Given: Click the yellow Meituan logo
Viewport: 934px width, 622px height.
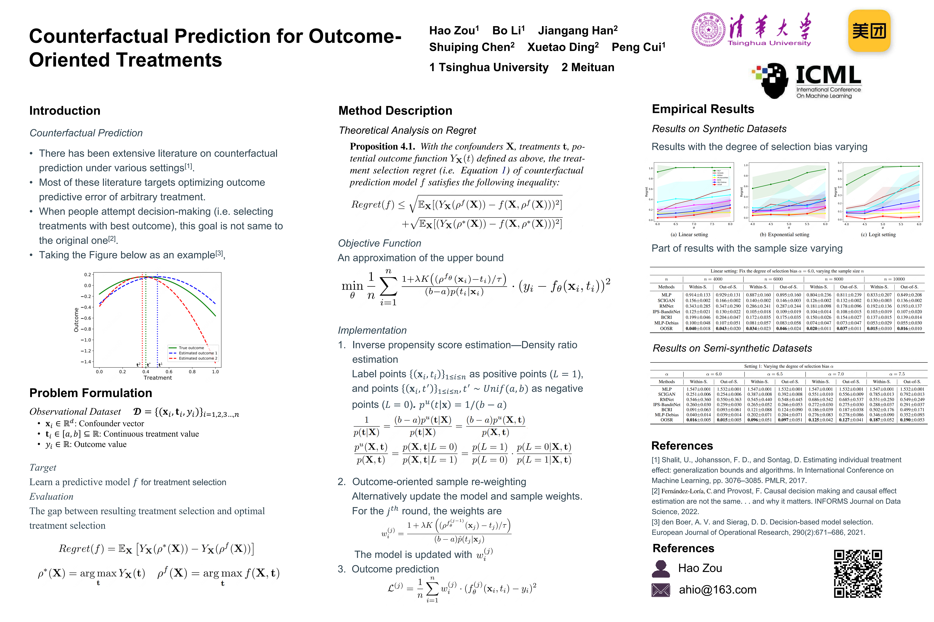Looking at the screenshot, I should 869,31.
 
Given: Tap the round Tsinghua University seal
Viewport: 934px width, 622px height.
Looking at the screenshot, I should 708,29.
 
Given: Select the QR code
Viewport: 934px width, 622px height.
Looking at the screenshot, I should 858,573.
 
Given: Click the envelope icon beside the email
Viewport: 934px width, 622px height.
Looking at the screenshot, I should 661,590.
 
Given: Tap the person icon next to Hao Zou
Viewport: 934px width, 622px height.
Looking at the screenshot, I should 661,569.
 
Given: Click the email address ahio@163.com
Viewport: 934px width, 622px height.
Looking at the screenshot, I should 717,590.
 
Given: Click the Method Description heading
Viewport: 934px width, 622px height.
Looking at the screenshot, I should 395,111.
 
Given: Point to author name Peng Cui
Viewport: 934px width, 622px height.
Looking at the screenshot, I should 638,47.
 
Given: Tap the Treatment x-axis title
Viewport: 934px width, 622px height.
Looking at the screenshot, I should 158,378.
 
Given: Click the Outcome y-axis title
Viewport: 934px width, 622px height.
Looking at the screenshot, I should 76,320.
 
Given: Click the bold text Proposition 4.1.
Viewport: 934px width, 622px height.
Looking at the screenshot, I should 382,146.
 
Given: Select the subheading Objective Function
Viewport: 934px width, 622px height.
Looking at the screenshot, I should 379,243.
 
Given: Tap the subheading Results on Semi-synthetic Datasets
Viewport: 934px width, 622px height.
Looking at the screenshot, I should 732,348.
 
